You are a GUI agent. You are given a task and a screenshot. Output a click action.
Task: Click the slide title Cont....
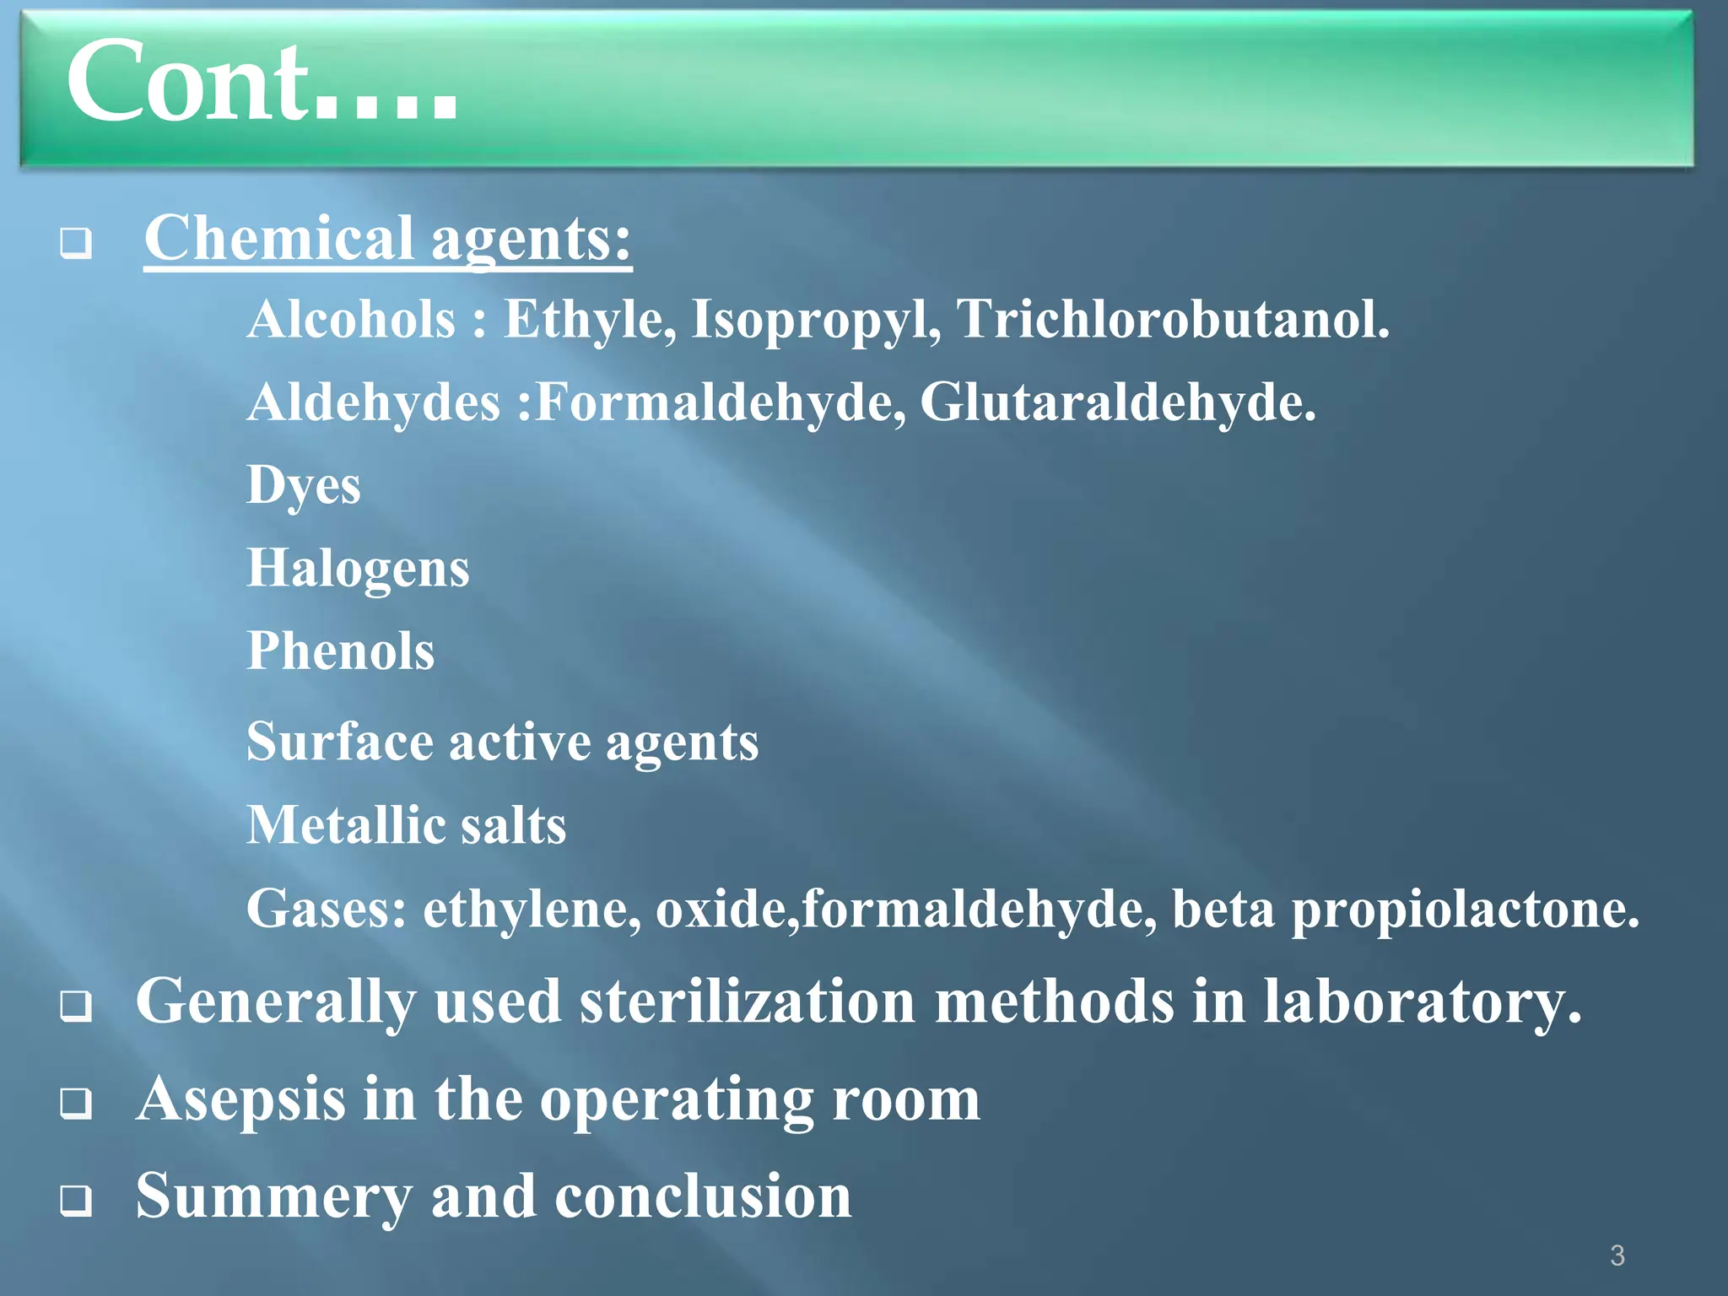coord(262,83)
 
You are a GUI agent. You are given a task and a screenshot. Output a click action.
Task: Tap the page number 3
coord(1617,1255)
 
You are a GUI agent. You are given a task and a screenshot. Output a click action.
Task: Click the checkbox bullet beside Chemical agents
coord(76,243)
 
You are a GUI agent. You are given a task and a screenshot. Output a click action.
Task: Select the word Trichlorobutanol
coord(1172,319)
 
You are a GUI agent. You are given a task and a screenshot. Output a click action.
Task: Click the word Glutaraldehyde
coord(1117,402)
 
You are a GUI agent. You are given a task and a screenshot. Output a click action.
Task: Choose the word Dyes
coord(303,486)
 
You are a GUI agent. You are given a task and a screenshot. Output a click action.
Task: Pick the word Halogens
coord(358,569)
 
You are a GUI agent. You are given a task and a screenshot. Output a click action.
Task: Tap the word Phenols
coord(340,651)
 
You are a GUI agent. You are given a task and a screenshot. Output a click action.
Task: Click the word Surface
coord(339,742)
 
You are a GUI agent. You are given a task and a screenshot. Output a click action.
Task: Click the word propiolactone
coord(1466,910)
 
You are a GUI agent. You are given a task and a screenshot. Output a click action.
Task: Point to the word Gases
coord(326,909)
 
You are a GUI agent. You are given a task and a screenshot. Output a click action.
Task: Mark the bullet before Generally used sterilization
coord(76,1005)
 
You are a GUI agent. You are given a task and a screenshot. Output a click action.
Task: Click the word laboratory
coord(1422,1002)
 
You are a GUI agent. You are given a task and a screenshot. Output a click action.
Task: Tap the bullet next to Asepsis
coord(76,1102)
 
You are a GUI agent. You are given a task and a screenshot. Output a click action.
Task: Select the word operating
coord(677,1101)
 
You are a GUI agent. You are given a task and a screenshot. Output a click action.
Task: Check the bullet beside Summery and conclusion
coord(76,1199)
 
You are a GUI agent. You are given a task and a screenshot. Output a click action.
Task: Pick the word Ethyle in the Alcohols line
coord(590,321)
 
